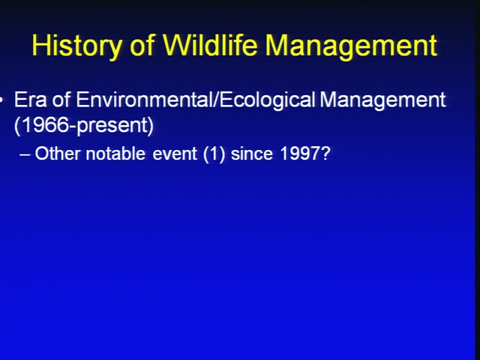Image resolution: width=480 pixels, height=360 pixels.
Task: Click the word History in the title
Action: (76, 46)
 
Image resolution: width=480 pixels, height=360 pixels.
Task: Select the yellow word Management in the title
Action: (351, 46)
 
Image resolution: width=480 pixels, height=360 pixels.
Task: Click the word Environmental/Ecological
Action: (195, 100)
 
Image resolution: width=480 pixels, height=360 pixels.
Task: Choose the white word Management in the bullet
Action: (382, 100)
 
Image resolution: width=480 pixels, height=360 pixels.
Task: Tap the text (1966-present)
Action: (84, 125)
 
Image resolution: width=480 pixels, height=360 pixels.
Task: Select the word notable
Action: (115, 153)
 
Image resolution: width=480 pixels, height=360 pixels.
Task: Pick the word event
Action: (175, 154)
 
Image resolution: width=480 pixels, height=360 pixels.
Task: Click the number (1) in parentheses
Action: (214, 154)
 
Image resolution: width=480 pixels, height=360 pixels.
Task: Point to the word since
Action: (252, 153)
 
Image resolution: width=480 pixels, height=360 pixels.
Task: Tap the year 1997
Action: (300, 153)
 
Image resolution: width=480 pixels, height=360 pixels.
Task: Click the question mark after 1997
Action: (325, 153)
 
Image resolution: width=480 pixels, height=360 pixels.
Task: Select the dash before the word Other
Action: (25, 155)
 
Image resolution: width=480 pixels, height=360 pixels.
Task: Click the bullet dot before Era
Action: (1, 100)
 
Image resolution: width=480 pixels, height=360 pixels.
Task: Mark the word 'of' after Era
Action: (61, 100)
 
